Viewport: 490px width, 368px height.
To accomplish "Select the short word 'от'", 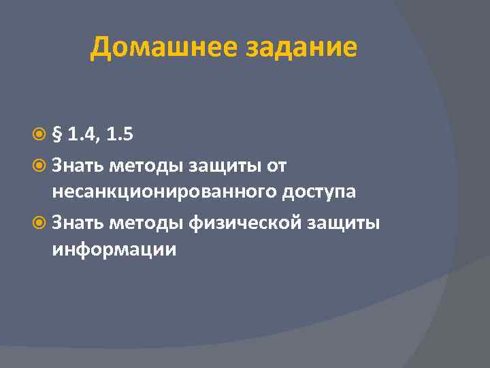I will coord(277,164).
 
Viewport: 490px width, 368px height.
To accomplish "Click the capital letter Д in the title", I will coord(101,48).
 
